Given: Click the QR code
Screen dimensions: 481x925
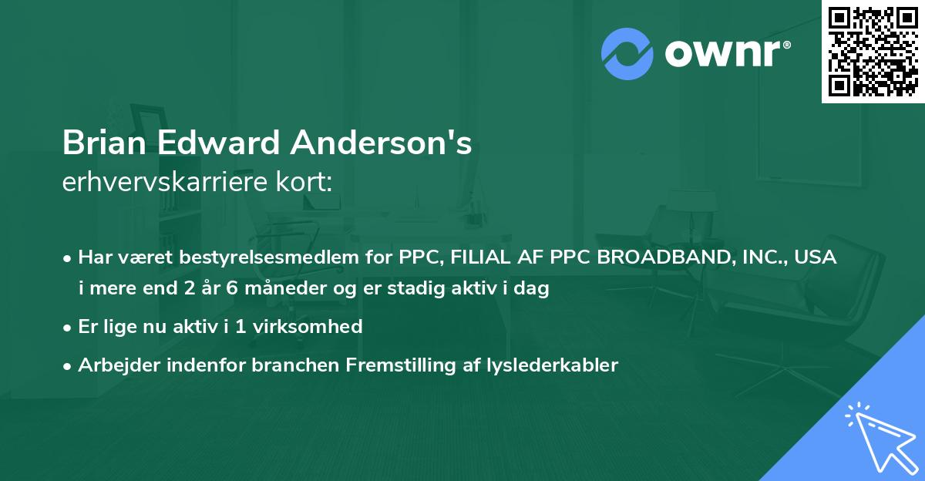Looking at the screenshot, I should [x=873, y=51].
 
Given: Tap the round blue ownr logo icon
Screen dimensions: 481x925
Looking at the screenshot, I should [x=627, y=54].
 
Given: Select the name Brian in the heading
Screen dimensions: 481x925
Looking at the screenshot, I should [x=105, y=144].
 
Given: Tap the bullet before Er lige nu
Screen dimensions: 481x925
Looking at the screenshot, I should [x=69, y=327].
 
